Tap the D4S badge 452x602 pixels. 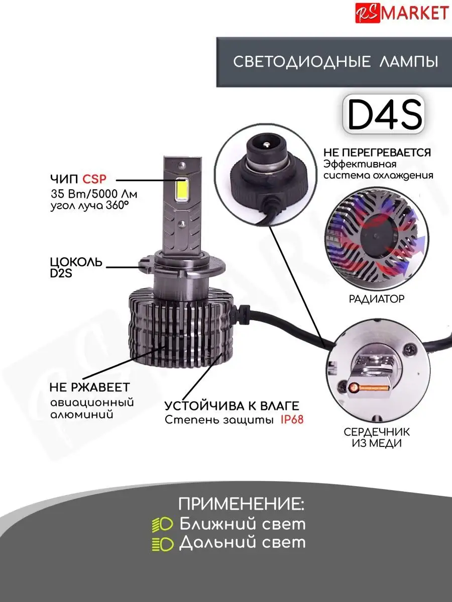pos(384,114)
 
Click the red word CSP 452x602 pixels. pos(94,179)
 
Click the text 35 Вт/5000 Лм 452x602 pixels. pos(94,194)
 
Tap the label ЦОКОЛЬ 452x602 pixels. pos(76,262)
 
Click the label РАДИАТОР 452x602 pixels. pos(377,299)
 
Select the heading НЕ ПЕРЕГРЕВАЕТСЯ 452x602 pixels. pos(377,153)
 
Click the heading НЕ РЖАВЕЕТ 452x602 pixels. pos(90,387)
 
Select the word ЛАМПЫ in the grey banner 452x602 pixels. pos(409,62)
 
